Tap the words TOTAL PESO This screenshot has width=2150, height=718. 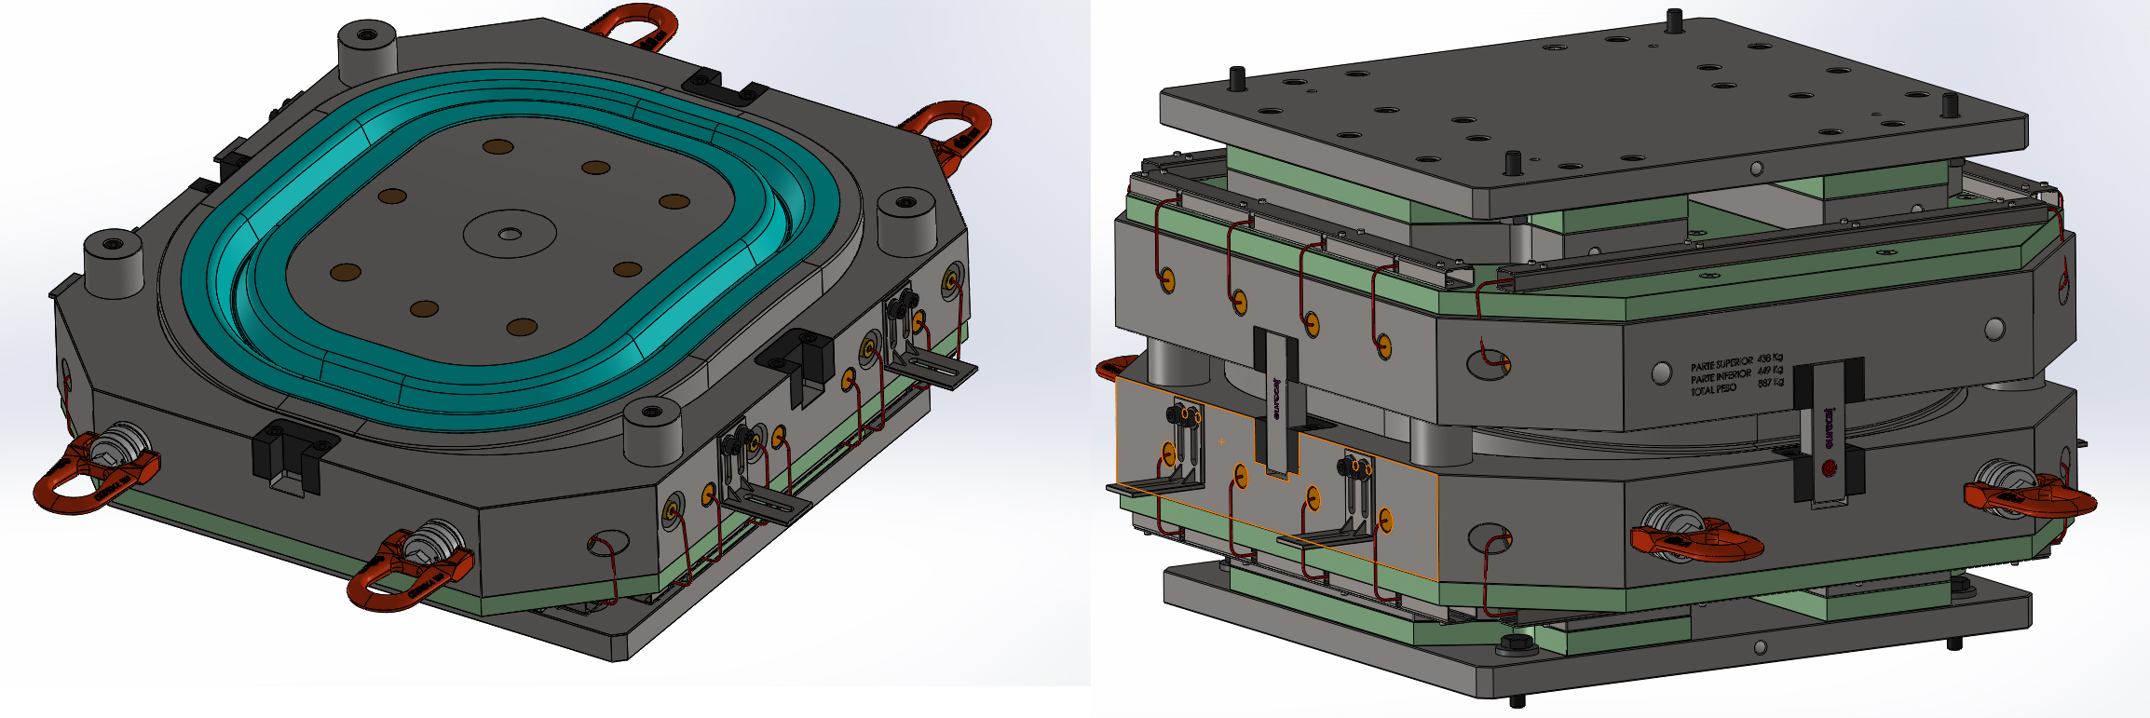(1714, 389)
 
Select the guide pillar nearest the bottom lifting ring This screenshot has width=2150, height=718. (650, 428)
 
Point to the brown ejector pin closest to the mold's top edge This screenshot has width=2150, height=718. (497, 147)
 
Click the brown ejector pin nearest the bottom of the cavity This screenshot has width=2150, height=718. (522, 327)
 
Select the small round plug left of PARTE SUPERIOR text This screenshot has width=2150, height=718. (1662, 373)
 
